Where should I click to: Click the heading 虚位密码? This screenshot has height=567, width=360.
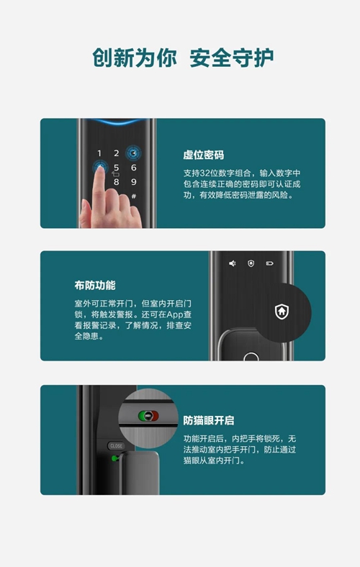203,155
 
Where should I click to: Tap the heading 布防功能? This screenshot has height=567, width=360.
95,286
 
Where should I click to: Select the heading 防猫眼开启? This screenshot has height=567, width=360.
208,420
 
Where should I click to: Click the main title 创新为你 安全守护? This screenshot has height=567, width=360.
183,58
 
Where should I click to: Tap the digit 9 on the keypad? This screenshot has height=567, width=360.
133,182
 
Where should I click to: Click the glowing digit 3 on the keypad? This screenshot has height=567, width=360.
133,154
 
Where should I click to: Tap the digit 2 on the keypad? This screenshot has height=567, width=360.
117,153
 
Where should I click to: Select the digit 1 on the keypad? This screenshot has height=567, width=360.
99,153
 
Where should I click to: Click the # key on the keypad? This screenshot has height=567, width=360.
134,196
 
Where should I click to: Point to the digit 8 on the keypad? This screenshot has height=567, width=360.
117,182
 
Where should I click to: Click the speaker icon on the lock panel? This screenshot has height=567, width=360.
233,263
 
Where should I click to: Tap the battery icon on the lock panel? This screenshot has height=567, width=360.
269,263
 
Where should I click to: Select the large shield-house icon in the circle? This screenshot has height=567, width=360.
282,312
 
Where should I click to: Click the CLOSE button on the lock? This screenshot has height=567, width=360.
116,446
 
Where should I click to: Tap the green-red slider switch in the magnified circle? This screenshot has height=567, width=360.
148,416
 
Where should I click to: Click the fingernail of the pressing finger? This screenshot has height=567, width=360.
100,169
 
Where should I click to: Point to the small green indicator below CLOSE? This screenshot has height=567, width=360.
114,458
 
